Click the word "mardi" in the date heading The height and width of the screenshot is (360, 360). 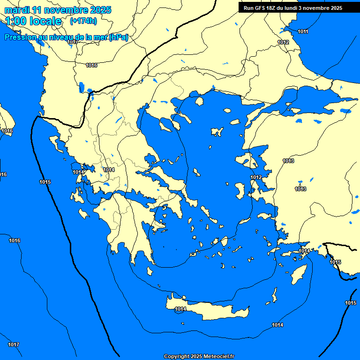pyautogui.click(x=17, y=10)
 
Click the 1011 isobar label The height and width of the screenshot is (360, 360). pyautogui.click(x=303, y=31)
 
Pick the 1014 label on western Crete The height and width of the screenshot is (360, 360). pyautogui.click(x=180, y=309)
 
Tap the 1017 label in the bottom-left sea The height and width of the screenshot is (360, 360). pyautogui.click(x=14, y=345)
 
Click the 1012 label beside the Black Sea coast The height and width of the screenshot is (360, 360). pyautogui.click(x=283, y=42)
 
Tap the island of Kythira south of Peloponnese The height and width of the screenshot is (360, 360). pyautogui.click(x=150, y=271)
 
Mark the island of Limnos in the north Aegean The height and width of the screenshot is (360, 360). pyautogui.click(x=217, y=132)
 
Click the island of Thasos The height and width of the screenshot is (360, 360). pyautogui.click(x=199, y=101)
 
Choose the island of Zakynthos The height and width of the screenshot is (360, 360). pyautogui.click(x=84, y=214)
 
